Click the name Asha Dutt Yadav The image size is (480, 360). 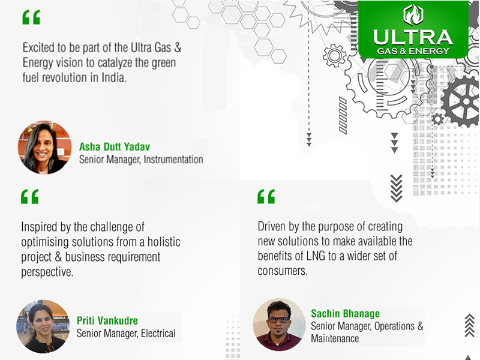(115, 146)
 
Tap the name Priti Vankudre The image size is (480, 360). (107, 320)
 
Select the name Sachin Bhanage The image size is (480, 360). (346, 313)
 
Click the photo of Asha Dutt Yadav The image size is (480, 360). (44, 148)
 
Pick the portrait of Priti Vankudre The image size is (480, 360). (43, 326)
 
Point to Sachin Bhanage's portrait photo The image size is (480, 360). (279, 325)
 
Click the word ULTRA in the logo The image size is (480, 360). (413, 37)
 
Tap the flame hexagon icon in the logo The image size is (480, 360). (413, 14)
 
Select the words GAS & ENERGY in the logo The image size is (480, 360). (413, 51)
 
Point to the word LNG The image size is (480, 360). (316, 256)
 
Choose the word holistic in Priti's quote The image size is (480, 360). (164, 242)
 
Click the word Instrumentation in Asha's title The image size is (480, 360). (173, 160)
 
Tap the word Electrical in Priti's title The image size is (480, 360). (158, 334)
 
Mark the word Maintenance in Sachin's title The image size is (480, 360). (335, 338)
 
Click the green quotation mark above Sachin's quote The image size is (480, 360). (266, 197)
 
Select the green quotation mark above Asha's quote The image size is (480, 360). (31, 17)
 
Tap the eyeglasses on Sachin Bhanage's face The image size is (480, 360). (279, 320)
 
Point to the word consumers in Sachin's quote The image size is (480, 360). (283, 271)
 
